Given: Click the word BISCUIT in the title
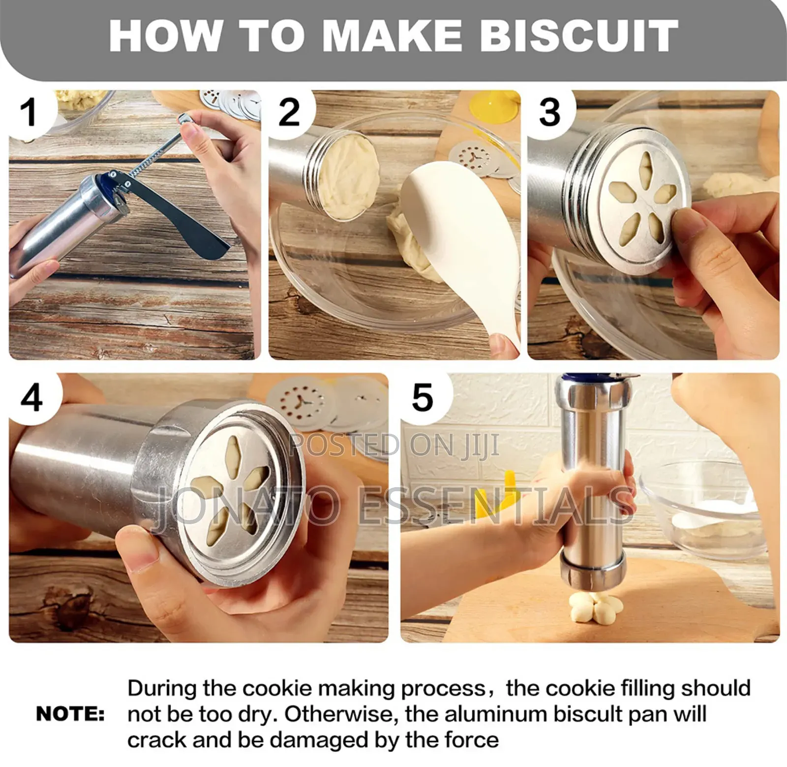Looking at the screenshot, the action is (579, 36).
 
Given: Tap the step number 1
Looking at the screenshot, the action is (29, 112).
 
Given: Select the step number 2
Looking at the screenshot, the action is (289, 112).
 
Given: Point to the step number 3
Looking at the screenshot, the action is (549, 112).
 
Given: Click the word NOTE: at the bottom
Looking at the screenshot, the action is (71, 714).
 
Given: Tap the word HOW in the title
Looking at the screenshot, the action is (165, 36).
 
